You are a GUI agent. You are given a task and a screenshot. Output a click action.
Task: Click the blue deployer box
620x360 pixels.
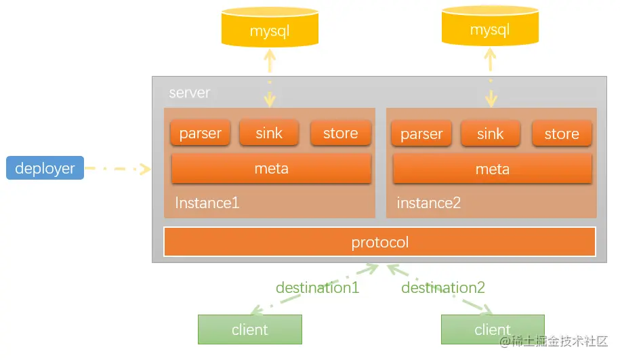tap(45, 167)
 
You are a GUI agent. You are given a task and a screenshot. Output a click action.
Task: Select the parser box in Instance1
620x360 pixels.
tap(200, 133)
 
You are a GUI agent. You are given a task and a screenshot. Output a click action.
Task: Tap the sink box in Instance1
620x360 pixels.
tap(269, 133)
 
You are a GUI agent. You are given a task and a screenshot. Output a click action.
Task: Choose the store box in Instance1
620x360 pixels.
tap(340, 133)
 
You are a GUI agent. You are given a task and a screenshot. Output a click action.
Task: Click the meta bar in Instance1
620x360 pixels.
tap(271, 169)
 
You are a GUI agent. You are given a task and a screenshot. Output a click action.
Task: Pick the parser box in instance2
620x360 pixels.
tap(421, 134)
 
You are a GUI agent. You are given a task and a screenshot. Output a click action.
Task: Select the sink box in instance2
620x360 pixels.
tap(491, 134)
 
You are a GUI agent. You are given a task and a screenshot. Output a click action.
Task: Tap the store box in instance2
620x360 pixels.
tap(562, 134)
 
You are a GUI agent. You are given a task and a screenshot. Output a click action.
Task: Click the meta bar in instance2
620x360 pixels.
tap(493, 169)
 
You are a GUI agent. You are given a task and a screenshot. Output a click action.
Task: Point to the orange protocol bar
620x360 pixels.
tap(379, 242)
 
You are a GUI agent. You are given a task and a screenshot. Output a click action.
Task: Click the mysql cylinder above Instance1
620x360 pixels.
tap(270, 27)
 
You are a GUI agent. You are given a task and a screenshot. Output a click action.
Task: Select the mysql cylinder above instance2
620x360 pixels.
tap(490, 26)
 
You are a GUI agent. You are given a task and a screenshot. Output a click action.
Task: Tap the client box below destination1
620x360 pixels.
tap(250, 329)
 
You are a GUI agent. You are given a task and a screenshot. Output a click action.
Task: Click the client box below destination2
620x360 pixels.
tap(493, 329)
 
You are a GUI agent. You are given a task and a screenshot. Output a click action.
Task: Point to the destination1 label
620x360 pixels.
tap(318, 287)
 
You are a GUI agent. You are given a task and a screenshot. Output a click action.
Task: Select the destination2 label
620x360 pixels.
tap(443, 287)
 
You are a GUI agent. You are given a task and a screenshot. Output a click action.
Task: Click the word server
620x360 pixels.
tap(190, 93)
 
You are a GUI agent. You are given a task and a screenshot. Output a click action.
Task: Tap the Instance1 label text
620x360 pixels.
tap(207, 203)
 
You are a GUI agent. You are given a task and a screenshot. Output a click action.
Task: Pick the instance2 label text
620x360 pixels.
tap(429, 203)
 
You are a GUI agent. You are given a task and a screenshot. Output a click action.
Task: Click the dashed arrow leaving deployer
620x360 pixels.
tap(118, 169)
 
